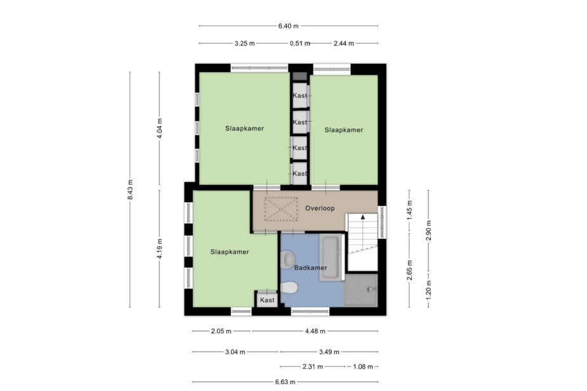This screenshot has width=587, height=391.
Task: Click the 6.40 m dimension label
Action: click(x=288, y=26)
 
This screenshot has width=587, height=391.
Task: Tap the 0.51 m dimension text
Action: click(x=300, y=43)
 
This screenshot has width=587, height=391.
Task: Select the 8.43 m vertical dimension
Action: click(x=130, y=189)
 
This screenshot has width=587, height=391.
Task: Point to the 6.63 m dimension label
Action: click(x=286, y=381)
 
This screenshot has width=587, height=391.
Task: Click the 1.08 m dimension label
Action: click(x=363, y=366)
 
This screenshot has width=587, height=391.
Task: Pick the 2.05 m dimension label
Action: click(x=221, y=331)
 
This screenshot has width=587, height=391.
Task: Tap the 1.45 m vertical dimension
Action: click(x=409, y=210)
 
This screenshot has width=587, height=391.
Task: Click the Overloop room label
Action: click(x=320, y=208)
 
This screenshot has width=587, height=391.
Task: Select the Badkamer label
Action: click(x=310, y=267)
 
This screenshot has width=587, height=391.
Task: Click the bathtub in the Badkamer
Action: click(x=332, y=257)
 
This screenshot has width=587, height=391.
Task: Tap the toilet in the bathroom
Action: click(x=289, y=288)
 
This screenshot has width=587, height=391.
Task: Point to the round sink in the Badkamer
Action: click(x=287, y=259)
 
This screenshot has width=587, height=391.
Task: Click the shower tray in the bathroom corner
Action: click(x=360, y=290)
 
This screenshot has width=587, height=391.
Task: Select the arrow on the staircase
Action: click(x=362, y=217)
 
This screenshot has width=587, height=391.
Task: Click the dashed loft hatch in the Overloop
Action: click(x=281, y=209)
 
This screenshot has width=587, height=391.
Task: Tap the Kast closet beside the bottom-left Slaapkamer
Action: click(x=267, y=299)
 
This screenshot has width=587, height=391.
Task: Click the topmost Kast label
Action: click(x=300, y=95)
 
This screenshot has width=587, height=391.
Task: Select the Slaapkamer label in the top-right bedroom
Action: click(x=344, y=130)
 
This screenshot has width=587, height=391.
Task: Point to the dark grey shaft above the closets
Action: click(x=300, y=76)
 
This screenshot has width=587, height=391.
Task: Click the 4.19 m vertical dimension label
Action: click(x=159, y=248)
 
